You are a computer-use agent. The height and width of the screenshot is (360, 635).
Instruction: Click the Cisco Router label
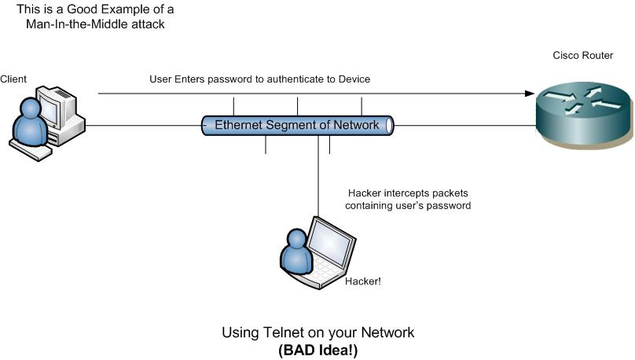click(582, 56)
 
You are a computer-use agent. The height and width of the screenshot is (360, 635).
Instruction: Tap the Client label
click(13, 79)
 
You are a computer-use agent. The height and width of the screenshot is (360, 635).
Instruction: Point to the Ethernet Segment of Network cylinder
click(297, 125)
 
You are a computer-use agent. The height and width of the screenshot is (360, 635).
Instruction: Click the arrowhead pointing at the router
click(528, 94)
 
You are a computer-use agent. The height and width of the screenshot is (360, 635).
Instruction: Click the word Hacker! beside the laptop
click(363, 280)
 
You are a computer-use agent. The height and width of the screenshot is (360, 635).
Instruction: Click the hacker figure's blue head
click(296, 238)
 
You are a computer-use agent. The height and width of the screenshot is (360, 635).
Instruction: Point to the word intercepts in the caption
click(409, 193)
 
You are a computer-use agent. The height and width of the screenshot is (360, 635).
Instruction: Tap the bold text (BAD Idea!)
click(317, 351)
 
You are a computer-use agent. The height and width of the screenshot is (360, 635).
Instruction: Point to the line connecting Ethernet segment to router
click(464, 125)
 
